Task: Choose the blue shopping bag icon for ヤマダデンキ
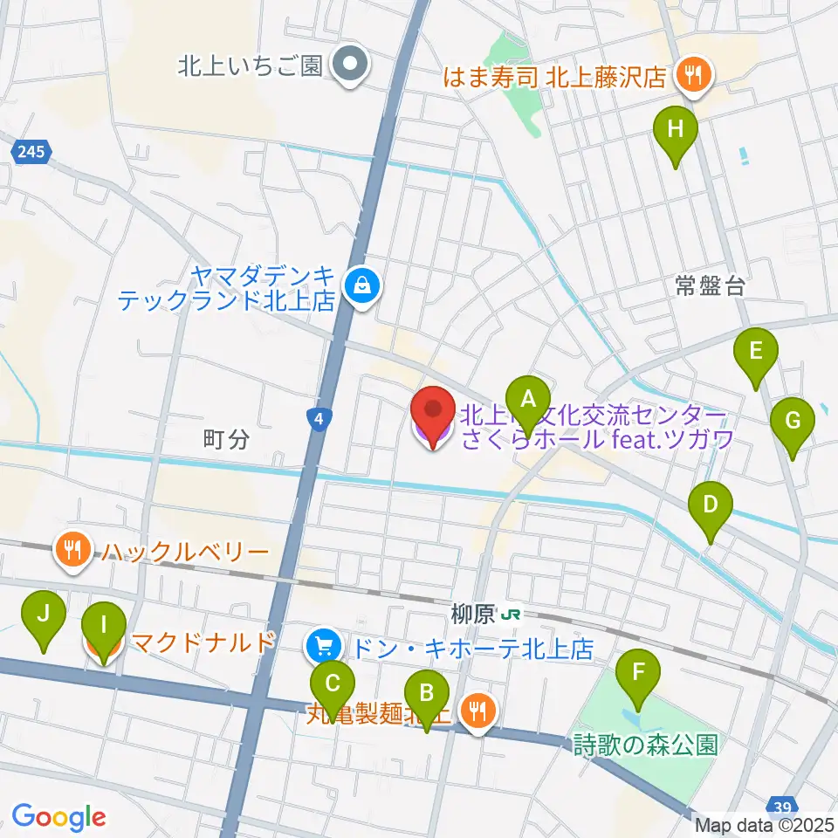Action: tap(359, 284)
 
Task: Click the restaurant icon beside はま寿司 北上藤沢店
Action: tap(693, 75)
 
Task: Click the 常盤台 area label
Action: tap(710, 286)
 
